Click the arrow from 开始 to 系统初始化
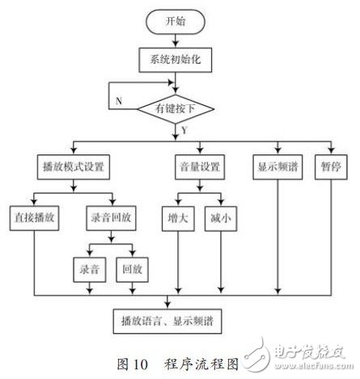[x=176, y=41]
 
